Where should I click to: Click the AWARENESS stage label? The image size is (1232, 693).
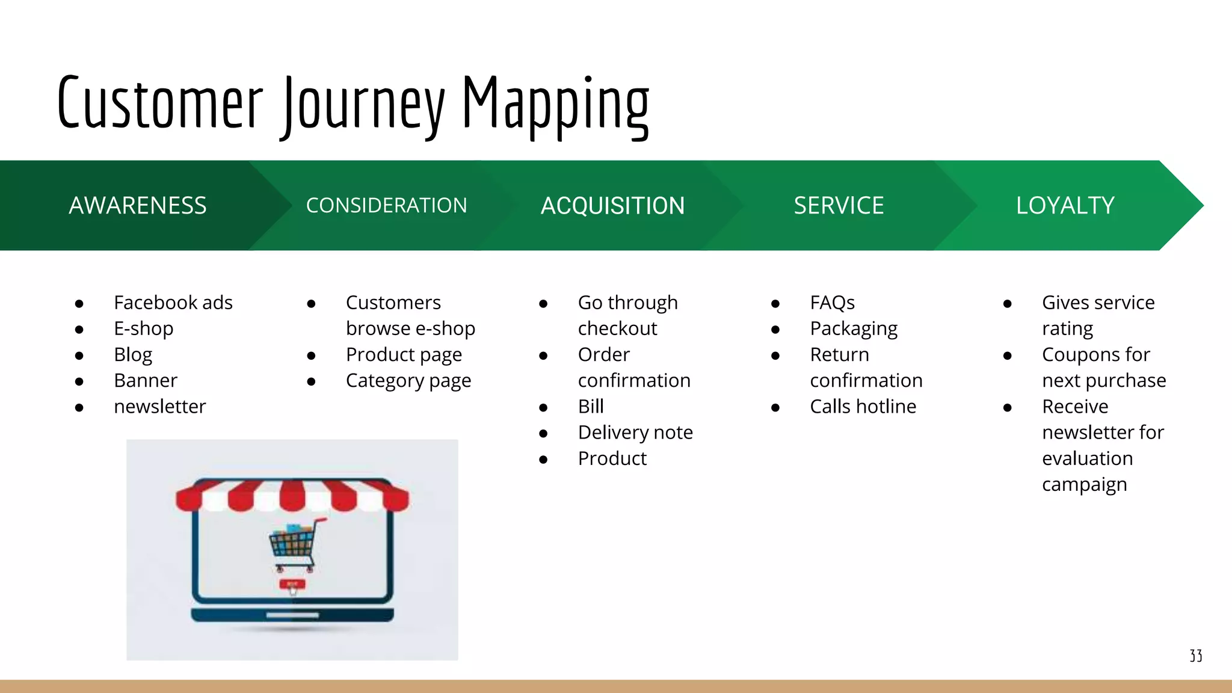138,206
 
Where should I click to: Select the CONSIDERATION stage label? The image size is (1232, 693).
386,206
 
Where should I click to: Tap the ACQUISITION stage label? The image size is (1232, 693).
612,206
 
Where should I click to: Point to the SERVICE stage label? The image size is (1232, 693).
839,206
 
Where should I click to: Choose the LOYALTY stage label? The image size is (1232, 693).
1065,206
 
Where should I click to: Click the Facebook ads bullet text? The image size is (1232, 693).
173,303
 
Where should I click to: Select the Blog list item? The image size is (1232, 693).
133,355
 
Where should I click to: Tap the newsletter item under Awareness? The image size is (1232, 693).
160,407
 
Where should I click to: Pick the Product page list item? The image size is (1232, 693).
404,355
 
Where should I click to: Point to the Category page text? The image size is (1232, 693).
408,381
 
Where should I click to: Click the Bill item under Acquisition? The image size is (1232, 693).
591,407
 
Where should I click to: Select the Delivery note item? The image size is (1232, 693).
635,433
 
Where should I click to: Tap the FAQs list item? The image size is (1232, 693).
832,303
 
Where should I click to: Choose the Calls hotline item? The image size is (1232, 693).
863,407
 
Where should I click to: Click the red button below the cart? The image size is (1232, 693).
292,584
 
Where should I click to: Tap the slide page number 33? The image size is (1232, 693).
1196,656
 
